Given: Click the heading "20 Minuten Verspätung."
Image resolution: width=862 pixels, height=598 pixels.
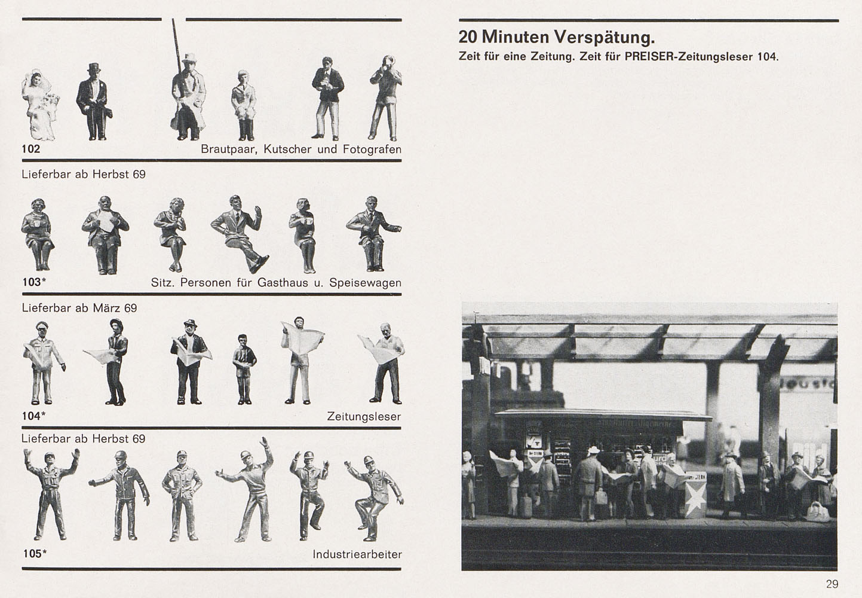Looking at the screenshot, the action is point(557,37).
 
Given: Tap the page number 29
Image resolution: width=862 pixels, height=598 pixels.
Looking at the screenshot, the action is point(832,584).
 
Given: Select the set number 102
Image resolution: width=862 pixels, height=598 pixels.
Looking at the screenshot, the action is point(31,149).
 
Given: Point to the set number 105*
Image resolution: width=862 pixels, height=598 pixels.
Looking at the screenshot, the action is point(35,554).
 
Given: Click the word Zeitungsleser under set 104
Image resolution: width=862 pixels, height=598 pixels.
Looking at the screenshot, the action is point(364,417).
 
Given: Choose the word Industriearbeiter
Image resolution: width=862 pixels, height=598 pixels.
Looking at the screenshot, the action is point(357,554).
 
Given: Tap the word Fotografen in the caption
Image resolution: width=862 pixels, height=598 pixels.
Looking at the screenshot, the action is point(372,149).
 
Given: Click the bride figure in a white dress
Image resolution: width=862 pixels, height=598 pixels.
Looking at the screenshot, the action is point(40,106).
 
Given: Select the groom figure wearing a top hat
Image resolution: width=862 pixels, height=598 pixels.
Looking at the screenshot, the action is point(94,102).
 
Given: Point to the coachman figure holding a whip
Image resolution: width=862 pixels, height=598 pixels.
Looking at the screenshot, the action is point(188,96).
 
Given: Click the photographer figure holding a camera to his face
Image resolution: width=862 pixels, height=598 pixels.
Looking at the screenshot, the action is point(385,98).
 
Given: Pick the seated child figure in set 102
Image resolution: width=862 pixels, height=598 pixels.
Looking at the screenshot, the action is point(244,106).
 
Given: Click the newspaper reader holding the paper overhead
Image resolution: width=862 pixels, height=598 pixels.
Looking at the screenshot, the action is point(301,360).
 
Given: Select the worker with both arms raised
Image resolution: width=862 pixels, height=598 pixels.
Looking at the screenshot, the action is point(51,495).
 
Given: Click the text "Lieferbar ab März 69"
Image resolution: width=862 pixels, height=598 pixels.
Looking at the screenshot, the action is point(79,308).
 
